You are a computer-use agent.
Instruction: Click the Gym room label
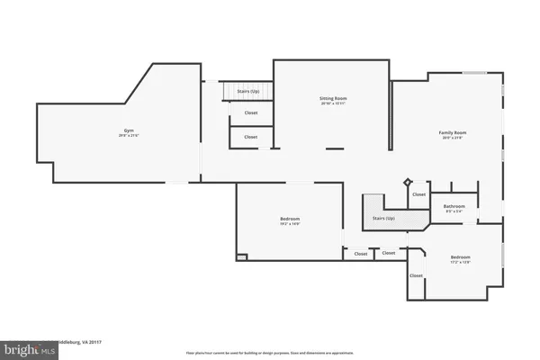130,130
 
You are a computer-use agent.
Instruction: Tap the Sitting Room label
333,98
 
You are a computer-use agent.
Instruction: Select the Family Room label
453,132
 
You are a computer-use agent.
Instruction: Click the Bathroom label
454,206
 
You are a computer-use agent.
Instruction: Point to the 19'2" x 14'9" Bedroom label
290,219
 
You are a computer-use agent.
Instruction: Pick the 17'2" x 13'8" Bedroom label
460,257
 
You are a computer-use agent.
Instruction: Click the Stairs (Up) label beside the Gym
249,91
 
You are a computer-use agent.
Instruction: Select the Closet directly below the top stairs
250,112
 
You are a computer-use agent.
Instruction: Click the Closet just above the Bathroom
418,193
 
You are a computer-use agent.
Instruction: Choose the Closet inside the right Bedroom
416,275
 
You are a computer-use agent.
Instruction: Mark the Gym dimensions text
130,136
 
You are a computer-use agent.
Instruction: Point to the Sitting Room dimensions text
333,103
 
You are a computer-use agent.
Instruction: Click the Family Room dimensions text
453,138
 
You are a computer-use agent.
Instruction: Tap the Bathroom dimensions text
454,211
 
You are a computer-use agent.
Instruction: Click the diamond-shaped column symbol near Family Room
407,181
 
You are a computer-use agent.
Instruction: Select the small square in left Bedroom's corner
241,256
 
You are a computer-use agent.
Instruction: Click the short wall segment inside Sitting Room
334,148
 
